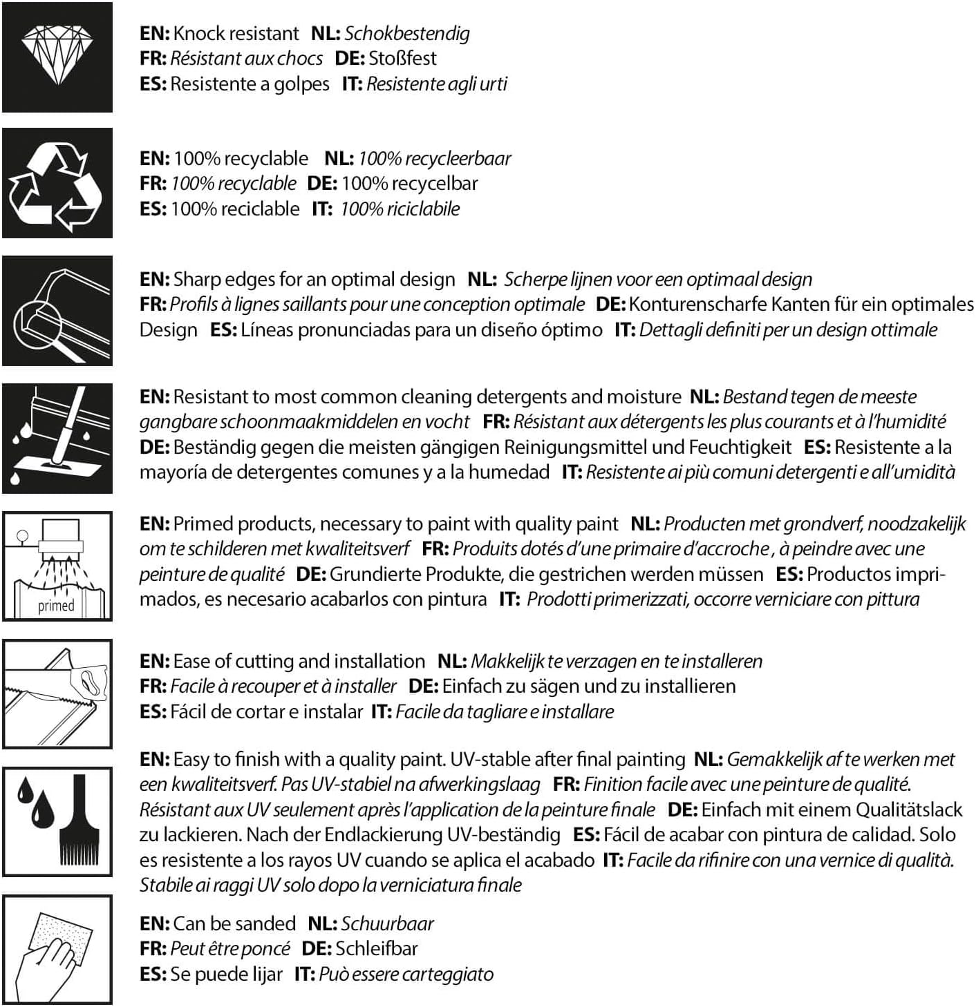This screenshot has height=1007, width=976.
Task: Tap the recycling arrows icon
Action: (x=57, y=184)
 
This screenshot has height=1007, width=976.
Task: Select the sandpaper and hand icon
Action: (x=57, y=950)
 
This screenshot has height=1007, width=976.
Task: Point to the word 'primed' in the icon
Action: (x=56, y=606)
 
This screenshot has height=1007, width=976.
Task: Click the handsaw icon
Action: (x=57, y=693)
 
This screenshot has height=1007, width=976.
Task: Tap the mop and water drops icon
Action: (x=57, y=438)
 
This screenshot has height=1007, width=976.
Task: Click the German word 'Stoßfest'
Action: (x=402, y=58)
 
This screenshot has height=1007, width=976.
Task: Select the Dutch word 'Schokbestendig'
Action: (x=407, y=33)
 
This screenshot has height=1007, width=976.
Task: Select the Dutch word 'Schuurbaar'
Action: (x=387, y=923)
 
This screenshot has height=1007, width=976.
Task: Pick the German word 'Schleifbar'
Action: (x=377, y=948)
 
